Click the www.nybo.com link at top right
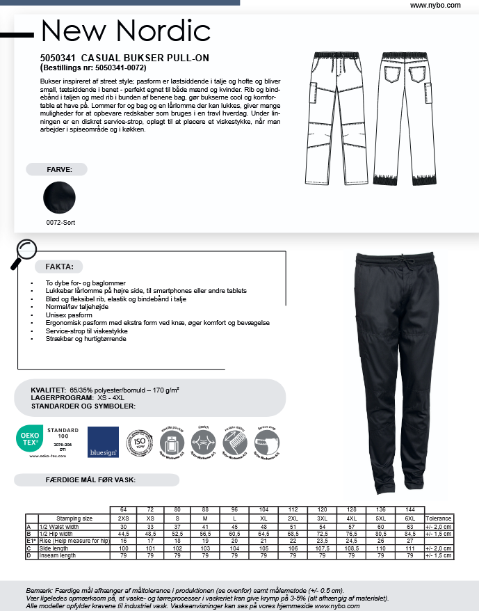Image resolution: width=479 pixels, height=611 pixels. (435, 5)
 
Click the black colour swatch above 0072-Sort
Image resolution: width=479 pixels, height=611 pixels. (59, 199)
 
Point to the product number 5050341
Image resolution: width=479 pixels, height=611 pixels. (58, 58)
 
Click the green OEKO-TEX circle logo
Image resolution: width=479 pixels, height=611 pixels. (28, 439)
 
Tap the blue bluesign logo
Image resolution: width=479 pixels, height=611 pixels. (102, 441)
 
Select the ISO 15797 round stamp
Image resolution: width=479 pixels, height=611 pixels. (138, 442)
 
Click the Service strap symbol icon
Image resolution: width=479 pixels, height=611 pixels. (268, 442)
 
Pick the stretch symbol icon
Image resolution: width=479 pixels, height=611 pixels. (203, 442)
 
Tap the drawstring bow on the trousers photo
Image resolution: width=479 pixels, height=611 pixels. (403, 263)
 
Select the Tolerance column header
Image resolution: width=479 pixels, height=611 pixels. (438, 518)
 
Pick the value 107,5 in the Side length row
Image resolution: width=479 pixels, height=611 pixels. (322, 548)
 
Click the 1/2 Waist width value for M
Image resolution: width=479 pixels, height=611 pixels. (205, 527)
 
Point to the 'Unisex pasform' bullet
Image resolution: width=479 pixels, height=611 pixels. (69, 315)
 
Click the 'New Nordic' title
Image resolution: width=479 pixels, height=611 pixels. (125, 31)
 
